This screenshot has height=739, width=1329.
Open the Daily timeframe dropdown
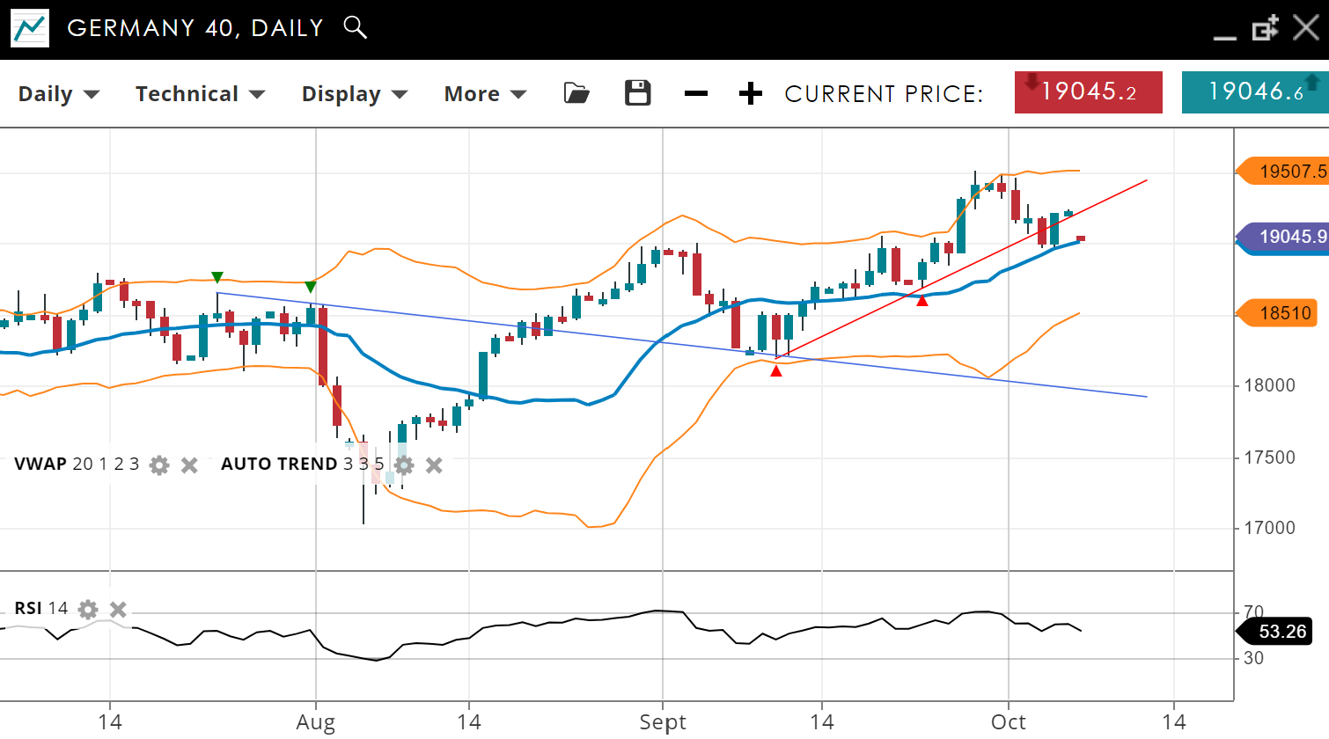(x=58, y=94)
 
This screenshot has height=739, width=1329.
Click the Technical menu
(x=200, y=94)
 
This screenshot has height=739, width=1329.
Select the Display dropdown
(x=354, y=94)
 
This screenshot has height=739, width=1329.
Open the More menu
(x=484, y=94)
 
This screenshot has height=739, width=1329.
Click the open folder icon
(x=576, y=93)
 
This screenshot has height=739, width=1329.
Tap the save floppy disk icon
(x=637, y=93)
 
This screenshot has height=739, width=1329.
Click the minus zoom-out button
(x=695, y=93)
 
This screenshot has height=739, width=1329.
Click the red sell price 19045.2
(x=1088, y=92)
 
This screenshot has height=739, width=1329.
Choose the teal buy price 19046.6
(x=1254, y=92)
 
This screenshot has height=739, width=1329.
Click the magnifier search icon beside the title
(x=355, y=27)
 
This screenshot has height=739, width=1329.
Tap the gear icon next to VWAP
(x=159, y=465)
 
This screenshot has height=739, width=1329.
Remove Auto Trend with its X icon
(x=434, y=465)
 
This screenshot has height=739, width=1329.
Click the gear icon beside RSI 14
(x=88, y=609)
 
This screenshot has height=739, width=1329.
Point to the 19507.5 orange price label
(x=1284, y=171)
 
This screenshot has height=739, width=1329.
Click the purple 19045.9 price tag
(x=1284, y=237)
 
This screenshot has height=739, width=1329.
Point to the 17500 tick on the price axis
(x=1268, y=457)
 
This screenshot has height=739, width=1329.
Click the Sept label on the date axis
(x=662, y=722)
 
